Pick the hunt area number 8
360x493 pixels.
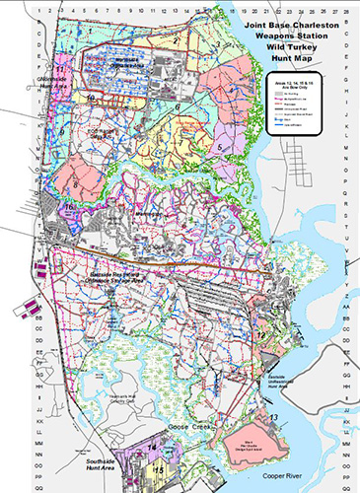click(x=76, y=183)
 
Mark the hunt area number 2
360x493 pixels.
click(x=176, y=42)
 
